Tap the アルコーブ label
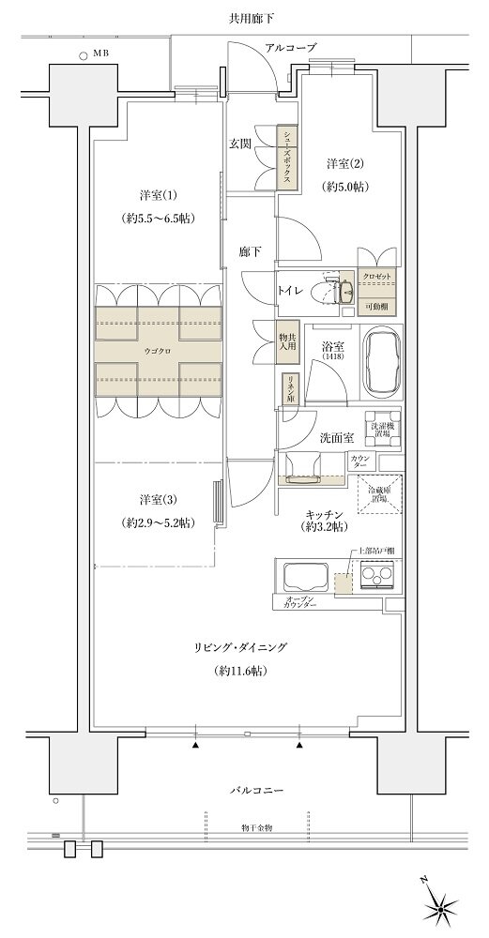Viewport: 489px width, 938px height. pos(290,47)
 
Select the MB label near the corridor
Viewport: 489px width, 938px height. pos(100,55)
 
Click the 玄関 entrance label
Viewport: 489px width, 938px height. pos(239,144)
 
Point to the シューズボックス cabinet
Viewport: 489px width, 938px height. pos(286,158)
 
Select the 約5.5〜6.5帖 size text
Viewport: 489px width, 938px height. pos(159,221)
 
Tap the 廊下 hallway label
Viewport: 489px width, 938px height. pos(249,251)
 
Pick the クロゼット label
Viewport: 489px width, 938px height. pos(380,279)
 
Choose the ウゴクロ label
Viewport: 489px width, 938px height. pos(159,353)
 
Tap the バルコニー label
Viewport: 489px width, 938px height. pos(255,791)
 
